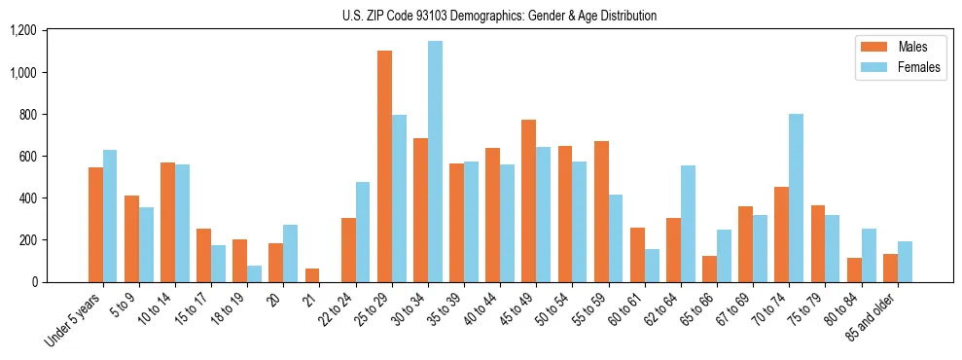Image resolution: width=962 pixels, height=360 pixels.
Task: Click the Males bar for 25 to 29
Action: pos(384,166)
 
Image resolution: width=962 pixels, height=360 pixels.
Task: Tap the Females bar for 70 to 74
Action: pos(796,198)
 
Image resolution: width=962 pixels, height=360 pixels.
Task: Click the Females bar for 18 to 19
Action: pos(254,273)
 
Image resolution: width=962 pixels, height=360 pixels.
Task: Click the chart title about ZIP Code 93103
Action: pos(500,16)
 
